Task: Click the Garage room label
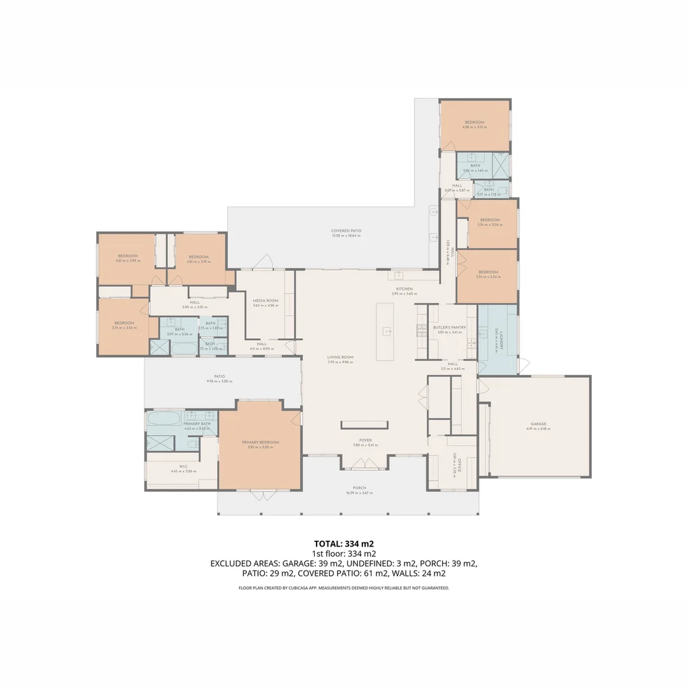click(538, 424)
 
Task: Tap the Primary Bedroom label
click(260, 442)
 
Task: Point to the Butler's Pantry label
click(450, 327)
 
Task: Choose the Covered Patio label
click(346, 231)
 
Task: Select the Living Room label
click(340, 357)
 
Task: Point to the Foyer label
click(365, 440)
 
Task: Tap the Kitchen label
click(404, 289)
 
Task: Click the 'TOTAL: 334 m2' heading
click(344, 544)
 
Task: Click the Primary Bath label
click(197, 424)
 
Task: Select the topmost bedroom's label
click(474, 122)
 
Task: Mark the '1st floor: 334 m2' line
click(344, 554)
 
